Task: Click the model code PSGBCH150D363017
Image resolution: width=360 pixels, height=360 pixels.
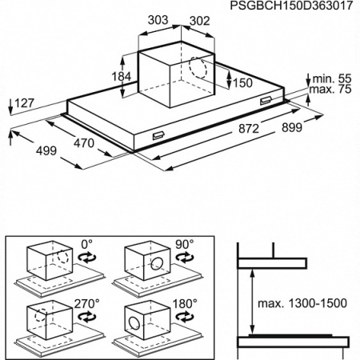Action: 291,6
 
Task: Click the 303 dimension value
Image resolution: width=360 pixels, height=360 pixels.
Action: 158,20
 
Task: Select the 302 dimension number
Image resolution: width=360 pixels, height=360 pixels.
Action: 199,21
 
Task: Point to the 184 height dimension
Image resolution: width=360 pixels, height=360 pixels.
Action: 122,77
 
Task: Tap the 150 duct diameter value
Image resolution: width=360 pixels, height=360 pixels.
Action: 242,83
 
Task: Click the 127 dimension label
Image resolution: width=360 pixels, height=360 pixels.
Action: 25,103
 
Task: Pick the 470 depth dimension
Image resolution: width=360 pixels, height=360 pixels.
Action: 84,143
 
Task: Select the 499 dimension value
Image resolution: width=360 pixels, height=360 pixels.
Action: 46,151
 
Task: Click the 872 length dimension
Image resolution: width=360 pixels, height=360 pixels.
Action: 249,129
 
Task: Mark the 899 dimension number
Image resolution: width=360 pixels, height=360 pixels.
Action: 292,128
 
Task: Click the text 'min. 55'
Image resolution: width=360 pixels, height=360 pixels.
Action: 332,79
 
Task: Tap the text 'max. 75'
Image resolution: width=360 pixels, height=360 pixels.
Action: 330,89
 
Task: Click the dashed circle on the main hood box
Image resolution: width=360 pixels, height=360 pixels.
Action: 198,68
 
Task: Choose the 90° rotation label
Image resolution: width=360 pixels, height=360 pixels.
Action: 185,244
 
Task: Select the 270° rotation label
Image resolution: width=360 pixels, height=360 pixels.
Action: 86,303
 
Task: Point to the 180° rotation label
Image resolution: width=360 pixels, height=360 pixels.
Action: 185,303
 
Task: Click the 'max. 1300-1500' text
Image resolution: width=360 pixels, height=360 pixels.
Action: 302,303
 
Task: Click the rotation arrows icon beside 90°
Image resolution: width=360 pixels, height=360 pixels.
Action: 185,258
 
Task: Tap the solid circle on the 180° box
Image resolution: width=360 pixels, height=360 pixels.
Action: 134,322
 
